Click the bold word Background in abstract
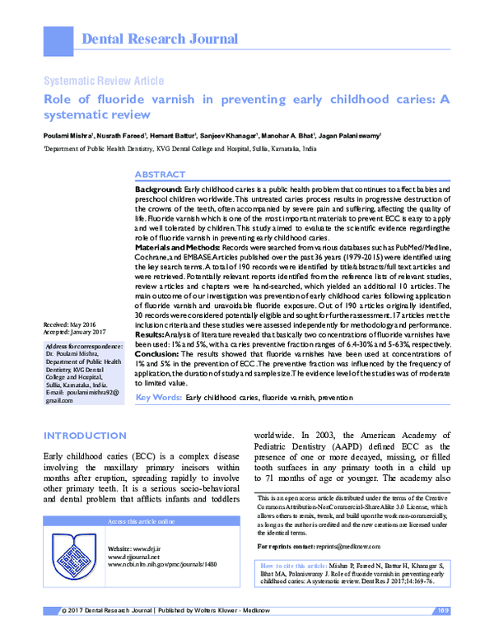click(x=159, y=189)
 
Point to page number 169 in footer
click(x=442, y=632)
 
